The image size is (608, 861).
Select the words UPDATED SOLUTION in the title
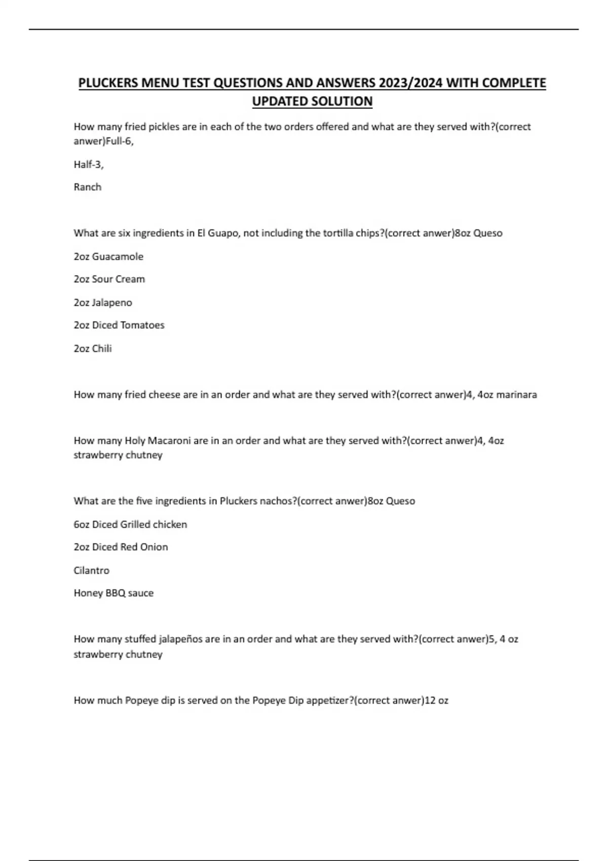[x=312, y=101]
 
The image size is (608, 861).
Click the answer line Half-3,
[x=89, y=164]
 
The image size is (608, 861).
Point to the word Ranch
[x=88, y=187]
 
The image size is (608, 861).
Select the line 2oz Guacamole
[x=108, y=256]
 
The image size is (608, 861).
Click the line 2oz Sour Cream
[x=109, y=279]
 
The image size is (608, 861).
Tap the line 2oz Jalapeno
[x=103, y=302]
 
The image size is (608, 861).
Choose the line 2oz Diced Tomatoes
[x=119, y=325]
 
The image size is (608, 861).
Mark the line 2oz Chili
[x=93, y=348]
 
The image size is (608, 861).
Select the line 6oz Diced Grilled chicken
[x=130, y=524]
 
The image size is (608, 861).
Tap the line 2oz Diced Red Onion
[x=121, y=547]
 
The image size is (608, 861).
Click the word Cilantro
[x=92, y=570]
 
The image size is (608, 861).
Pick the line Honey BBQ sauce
[x=113, y=593]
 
